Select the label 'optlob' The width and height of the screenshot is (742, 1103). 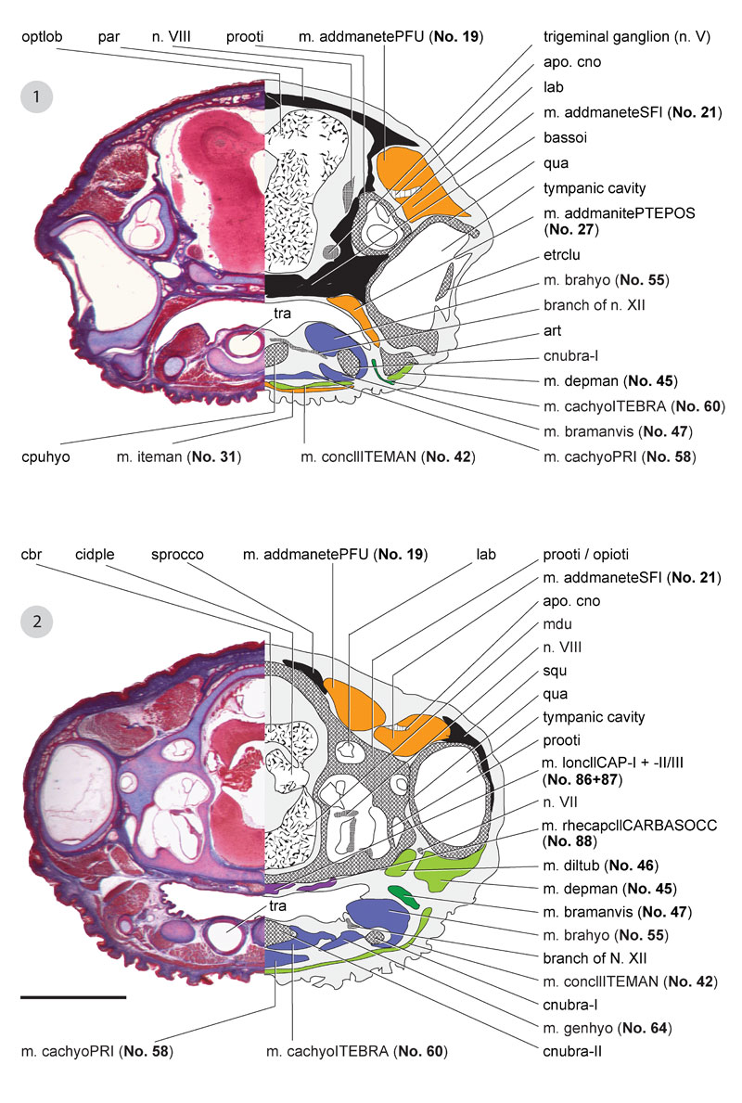[45, 37]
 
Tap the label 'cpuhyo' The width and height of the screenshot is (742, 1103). [46, 456]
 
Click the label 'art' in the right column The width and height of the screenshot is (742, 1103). [553, 330]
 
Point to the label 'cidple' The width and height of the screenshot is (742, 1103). [96, 555]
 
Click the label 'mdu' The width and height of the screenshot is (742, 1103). [557, 624]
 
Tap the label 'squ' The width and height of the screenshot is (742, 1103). [556, 671]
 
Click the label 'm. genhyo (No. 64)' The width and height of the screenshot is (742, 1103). [607, 1028]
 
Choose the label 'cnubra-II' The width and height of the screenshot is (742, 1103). [573, 1051]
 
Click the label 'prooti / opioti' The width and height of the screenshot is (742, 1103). [586, 555]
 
